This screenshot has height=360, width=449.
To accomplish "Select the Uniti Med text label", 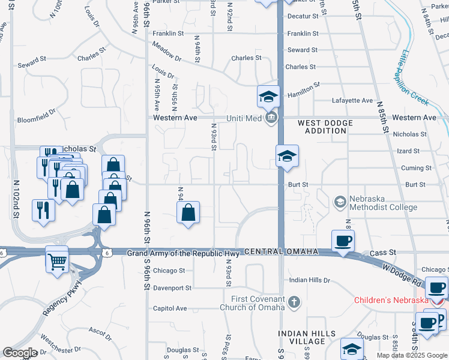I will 244,118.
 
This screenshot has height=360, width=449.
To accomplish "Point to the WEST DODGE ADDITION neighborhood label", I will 325,127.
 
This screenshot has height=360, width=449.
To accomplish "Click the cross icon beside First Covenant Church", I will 294,301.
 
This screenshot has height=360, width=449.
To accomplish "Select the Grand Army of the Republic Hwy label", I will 183,254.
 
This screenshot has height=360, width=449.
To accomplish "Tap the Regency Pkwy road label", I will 61,298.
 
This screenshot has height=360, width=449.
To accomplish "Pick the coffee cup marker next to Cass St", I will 343,241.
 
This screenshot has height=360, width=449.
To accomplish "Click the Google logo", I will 20,353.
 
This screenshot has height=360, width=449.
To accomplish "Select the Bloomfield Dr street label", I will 36,111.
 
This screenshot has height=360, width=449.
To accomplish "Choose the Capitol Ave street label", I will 170,308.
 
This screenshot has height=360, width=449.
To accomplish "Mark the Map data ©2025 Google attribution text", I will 412,355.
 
